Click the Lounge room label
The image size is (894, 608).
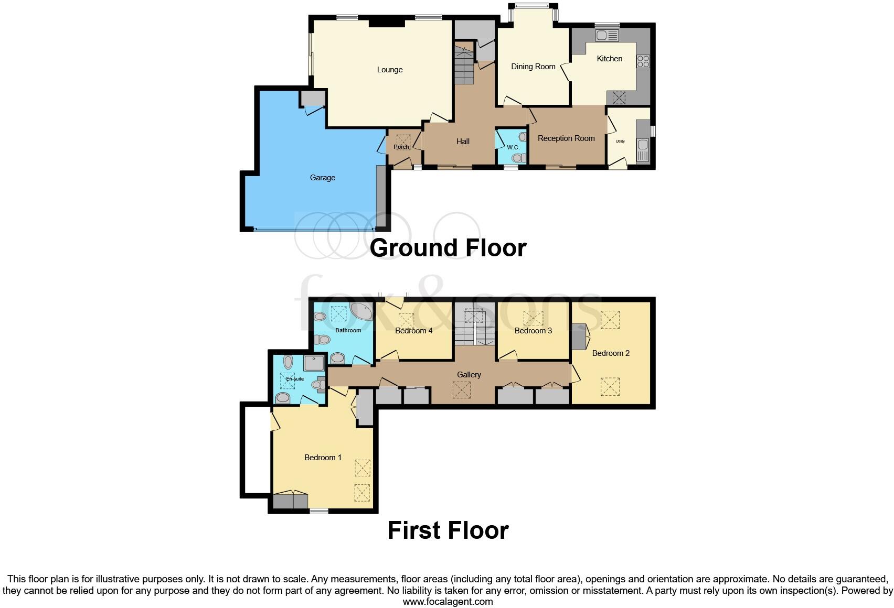(x=389, y=70)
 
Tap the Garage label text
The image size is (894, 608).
(x=322, y=178)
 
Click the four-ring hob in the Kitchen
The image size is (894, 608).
(x=643, y=61)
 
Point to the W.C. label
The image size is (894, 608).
(x=513, y=147)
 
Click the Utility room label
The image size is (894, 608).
(x=620, y=142)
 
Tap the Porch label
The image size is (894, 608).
(x=401, y=147)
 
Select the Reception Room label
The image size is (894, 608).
(x=566, y=138)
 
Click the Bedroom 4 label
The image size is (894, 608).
(x=413, y=331)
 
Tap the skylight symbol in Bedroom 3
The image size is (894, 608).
(x=534, y=318)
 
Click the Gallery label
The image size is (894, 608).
(x=469, y=375)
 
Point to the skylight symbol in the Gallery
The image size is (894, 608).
(x=462, y=390)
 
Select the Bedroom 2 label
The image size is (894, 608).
(x=611, y=353)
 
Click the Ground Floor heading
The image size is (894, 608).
(x=448, y=248)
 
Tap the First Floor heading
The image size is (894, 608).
(x=448, y=530)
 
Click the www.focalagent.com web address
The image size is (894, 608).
(x=448, y=602)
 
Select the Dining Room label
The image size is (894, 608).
(x=533, y=67)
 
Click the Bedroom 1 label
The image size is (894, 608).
(x=323, y=458)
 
